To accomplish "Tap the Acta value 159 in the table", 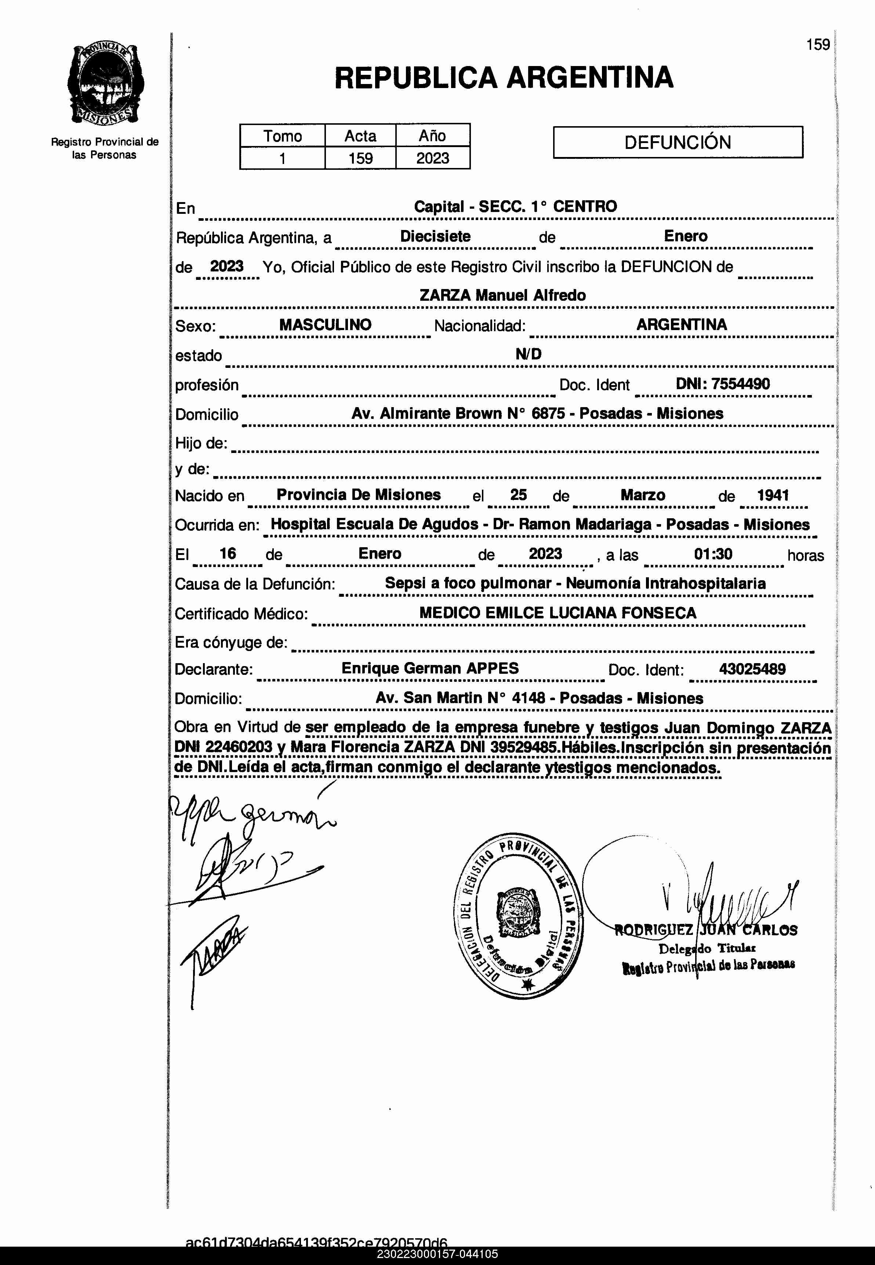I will [x=360, y=158].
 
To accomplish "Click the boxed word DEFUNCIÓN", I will [x=678, y=142].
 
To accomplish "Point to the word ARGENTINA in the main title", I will [x=590, y=77].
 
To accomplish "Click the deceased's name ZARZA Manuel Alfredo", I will [x=502, y=295].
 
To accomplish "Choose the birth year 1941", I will [x=773, y=495].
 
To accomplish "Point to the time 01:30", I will [x=713, y=554].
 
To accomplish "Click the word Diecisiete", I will [x=435, y=236].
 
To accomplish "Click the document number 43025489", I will [x=752, y=669].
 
